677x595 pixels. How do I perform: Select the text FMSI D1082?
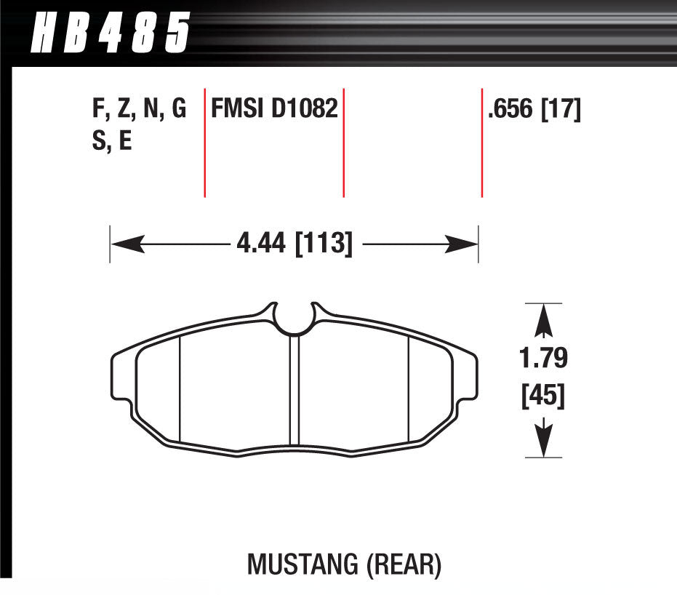[x=274, y=110]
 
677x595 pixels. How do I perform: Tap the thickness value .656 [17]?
[x=534, y=110]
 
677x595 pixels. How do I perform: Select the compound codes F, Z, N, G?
[x=139, y=110]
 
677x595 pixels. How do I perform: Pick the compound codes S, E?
[x=112, y=140]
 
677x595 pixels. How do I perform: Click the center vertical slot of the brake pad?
[x=295, y=389]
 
